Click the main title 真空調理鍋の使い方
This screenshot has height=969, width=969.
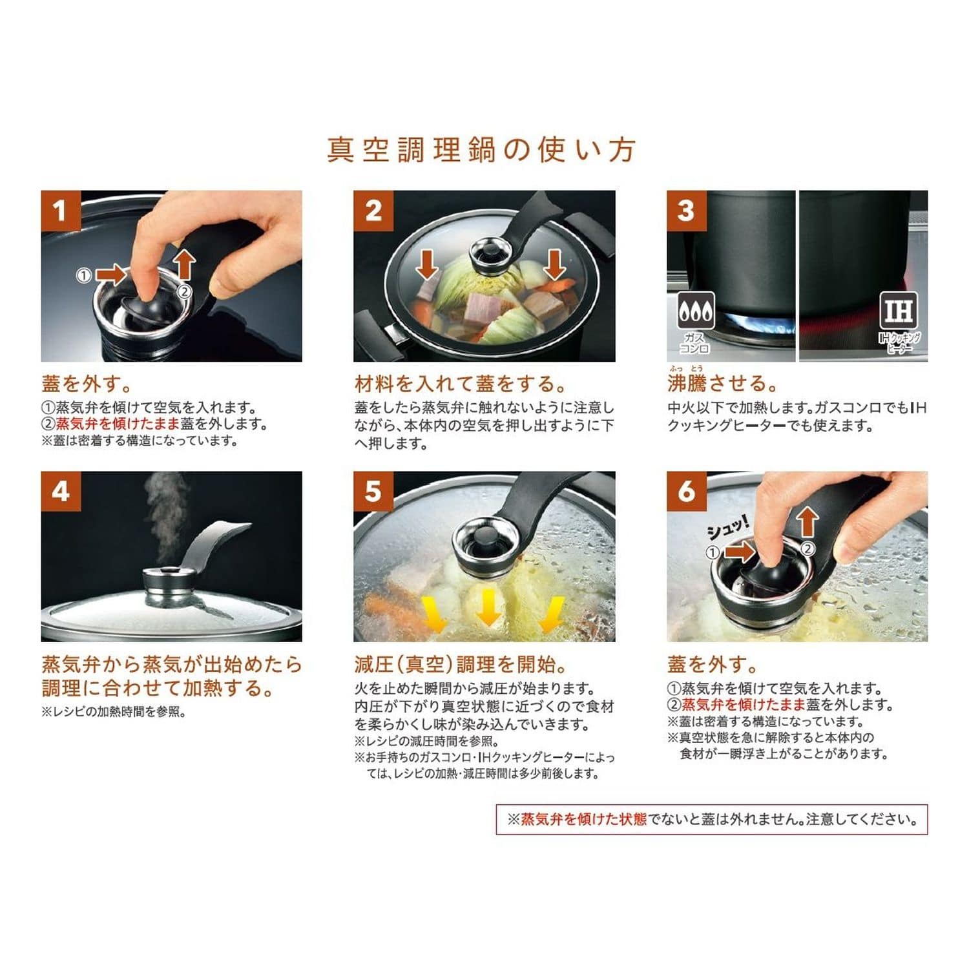point(481,150)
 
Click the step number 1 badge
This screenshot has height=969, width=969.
point(61,211)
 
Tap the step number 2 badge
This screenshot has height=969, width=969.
point(373,211)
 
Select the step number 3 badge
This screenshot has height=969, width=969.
point(686,211)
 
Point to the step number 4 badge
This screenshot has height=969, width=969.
point(61,492)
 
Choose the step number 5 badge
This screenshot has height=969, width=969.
point(373,492)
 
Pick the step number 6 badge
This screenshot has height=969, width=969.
point(686,492)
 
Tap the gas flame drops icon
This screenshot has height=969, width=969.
point(696,311)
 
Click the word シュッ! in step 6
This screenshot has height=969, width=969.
point(728,530)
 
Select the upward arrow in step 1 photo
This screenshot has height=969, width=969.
point(185,265)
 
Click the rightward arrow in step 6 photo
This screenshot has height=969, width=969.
point(739,552)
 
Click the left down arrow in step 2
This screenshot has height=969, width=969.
point(427,266)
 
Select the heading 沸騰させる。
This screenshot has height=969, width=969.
point(723,383)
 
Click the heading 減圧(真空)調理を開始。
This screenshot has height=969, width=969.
point(462,664)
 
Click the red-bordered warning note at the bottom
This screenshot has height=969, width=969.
point(712,819)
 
